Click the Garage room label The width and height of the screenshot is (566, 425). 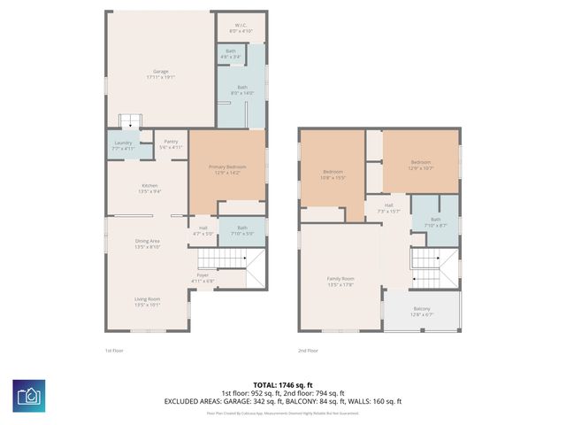click(160, 74)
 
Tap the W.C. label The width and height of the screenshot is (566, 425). click(241, 27)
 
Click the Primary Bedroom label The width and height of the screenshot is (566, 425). click(227, 170)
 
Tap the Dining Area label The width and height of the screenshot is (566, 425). click(147, 243)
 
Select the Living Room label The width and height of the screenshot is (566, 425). click(147, 301)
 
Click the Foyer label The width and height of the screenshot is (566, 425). click(203, 278)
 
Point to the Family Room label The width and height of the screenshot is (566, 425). click(340, 282)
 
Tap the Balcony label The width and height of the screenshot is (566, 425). click(422, 311)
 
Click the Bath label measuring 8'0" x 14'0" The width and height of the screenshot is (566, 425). click(242, 89)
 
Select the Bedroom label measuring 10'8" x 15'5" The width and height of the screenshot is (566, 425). click(333, 174)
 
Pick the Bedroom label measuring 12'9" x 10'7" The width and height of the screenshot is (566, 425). click(420, 165)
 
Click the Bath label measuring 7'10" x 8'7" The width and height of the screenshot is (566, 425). click(435, 222)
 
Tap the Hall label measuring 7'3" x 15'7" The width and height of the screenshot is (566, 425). click(389, 208)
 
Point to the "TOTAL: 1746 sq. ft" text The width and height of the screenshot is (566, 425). click(282, 384)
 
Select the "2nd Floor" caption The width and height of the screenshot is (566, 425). click(308, 351)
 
